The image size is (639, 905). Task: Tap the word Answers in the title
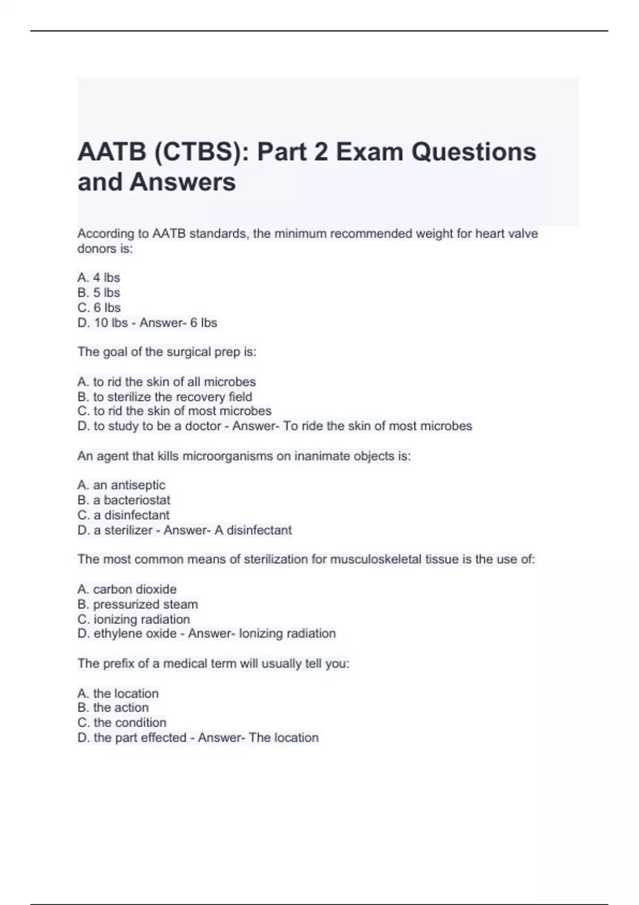182,182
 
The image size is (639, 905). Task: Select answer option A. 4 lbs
99,277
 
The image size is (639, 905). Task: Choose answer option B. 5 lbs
99,292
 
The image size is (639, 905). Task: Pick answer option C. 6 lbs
99,307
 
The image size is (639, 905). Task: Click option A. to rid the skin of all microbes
166,382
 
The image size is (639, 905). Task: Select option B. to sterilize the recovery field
165,397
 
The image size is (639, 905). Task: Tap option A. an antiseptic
121,485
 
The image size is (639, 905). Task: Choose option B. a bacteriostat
124,500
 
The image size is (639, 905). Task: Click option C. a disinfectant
123,515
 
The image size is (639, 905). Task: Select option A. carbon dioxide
127,589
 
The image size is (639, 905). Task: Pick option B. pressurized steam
137,604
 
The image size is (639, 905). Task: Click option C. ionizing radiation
133,619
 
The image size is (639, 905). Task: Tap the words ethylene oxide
135,633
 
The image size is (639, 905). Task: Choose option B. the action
113,707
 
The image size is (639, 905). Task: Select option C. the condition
121,722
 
